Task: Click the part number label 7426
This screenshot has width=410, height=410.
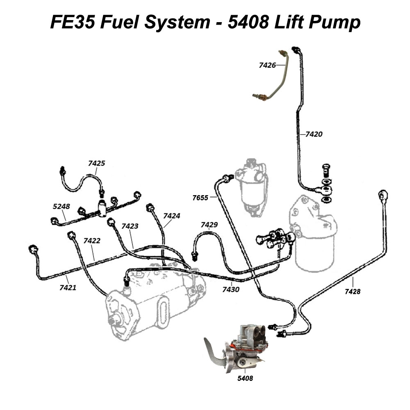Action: (266, 64)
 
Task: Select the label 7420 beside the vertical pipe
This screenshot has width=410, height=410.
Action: (314, 134)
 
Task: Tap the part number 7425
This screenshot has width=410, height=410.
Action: (97, 163)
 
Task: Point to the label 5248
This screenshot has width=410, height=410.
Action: (61, 207)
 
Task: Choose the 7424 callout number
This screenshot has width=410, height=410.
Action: (172, 215)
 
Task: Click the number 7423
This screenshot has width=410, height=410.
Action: (130, 225)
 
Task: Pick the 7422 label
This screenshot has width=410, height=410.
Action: (92, 241)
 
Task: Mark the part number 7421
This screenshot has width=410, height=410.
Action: (68, 287)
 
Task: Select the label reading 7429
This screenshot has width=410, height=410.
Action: (209, 225)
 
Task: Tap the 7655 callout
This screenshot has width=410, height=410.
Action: (200, 198)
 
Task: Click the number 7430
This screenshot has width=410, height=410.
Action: (231, 289)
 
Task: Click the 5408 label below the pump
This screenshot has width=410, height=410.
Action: (245, 378)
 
